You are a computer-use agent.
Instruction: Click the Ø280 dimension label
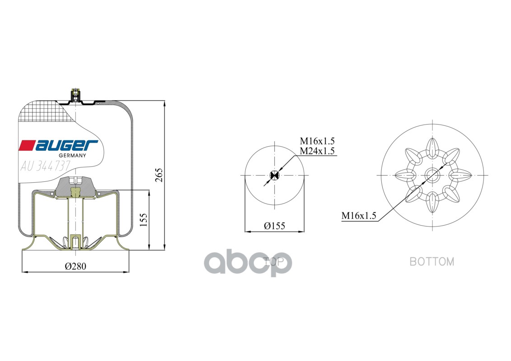[75, 266]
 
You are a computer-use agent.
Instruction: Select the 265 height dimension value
[159, 175]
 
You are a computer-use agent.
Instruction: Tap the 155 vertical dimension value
[143, 220]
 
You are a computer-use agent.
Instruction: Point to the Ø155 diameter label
[275, 226]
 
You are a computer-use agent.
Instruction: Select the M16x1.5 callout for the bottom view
[359, 216]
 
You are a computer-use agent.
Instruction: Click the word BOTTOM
[431, 261]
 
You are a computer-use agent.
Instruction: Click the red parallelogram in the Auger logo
[27, 145]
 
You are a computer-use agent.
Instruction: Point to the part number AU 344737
[45, 166]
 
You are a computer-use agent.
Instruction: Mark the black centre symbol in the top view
[274, 175]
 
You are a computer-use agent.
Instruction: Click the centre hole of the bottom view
[432, 175]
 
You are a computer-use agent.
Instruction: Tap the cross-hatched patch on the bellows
[45, 112]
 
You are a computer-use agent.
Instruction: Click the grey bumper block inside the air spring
[75, 185]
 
